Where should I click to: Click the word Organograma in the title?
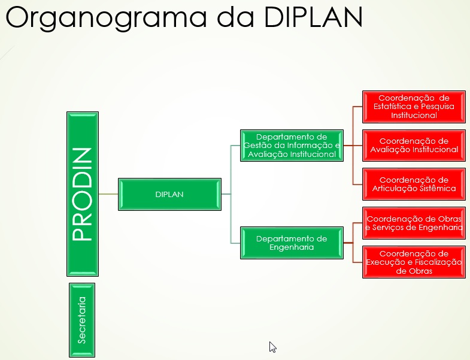[106, 17]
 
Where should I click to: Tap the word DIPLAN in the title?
[313, 17]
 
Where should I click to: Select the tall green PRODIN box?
[83, 194]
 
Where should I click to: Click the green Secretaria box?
[82, 320]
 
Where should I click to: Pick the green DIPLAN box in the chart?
[169, 195]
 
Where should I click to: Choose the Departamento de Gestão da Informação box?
[292, 146]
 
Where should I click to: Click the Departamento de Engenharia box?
[292, 243]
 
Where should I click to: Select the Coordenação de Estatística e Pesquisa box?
[414, 107]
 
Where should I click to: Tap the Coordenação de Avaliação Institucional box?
[414, 146]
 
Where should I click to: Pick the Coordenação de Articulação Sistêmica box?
[414, 184]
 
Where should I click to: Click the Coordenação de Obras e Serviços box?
[414, 223]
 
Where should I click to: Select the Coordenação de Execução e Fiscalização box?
[414, 262]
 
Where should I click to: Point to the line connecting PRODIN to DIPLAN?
[108, 194]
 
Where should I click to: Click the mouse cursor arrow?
[272, 347]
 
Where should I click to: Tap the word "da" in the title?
[235, 17]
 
